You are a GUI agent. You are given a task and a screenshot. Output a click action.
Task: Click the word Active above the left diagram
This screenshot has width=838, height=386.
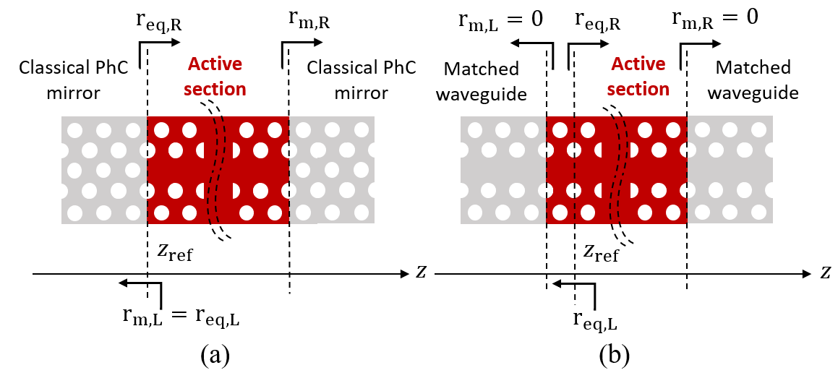(215, 64)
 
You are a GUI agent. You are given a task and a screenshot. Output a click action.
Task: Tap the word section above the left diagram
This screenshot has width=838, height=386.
(215, 90)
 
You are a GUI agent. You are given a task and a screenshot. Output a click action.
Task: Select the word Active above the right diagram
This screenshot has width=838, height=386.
(638, 64)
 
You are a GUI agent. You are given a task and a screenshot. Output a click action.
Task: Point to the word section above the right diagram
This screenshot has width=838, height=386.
(638, 90)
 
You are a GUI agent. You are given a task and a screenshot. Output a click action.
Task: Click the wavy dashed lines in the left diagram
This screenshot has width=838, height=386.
(217, 170)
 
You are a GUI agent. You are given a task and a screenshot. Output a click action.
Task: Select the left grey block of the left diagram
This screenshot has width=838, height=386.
(104, 170)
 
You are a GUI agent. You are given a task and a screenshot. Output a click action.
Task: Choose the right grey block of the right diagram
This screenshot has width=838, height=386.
(730, 170)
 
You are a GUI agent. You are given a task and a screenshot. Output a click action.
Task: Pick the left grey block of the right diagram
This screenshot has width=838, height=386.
(503, 170)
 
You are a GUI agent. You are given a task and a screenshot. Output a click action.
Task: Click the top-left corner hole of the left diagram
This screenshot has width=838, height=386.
(75, 131)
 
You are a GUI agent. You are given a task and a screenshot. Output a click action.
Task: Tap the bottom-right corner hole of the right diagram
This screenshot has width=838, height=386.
(758, 212)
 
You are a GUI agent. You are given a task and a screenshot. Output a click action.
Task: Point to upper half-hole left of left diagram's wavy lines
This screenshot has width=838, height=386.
(201, 150)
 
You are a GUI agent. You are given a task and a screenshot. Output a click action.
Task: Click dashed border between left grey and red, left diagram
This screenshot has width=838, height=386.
(147, 170)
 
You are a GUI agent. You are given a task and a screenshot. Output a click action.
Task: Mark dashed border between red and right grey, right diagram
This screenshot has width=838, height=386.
(687, 170)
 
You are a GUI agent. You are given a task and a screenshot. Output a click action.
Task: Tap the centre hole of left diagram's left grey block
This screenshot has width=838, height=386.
(103, 171)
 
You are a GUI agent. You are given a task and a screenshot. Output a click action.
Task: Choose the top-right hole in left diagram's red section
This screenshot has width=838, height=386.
(275, 130)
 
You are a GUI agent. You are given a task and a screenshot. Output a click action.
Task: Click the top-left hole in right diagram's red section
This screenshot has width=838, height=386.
(560, 130)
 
